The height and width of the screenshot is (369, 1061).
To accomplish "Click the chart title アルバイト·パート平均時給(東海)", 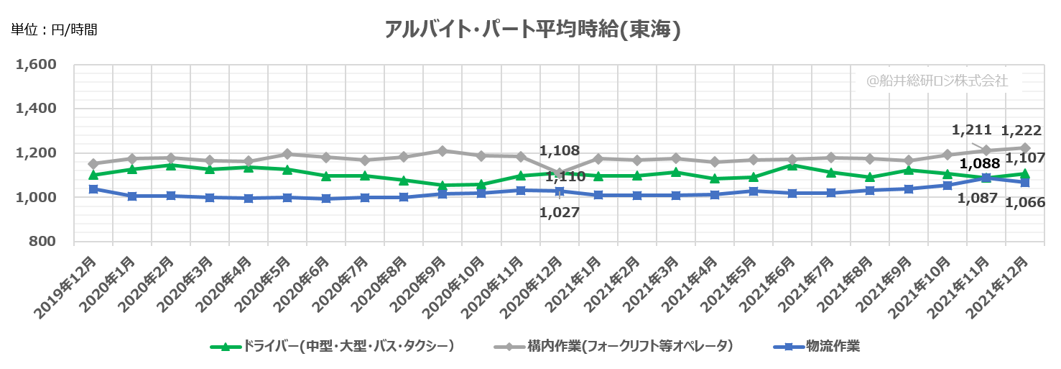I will (x=532, y=29).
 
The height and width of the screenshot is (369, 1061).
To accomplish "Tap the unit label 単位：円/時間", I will (x=54, y=30).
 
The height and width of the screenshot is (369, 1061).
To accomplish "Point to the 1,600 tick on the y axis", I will (x=36, y=65).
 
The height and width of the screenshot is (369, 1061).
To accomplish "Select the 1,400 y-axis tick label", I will (x=36, y=109).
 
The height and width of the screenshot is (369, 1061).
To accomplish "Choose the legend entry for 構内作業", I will (x=618, y=347).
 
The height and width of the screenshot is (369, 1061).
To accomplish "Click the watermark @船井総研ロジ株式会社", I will (x=937, y=81).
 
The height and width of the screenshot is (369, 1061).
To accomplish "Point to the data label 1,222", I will (x=1021, y=130).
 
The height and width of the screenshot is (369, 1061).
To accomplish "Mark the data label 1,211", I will (x=971, y=130).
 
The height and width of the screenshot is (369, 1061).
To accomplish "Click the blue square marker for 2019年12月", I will (x=93, y=189).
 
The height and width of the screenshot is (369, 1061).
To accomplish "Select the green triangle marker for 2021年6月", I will (x=792, y=165).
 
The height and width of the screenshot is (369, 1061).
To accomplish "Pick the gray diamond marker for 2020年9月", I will (x=443, y=151).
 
